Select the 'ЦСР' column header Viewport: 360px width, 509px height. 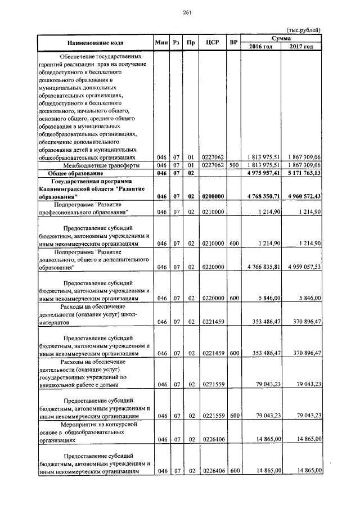213,43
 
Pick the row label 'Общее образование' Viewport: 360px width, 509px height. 74,173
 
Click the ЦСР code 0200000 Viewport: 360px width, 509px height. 213,196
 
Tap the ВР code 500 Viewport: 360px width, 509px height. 233,165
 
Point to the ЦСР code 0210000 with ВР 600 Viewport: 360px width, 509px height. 213,243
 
